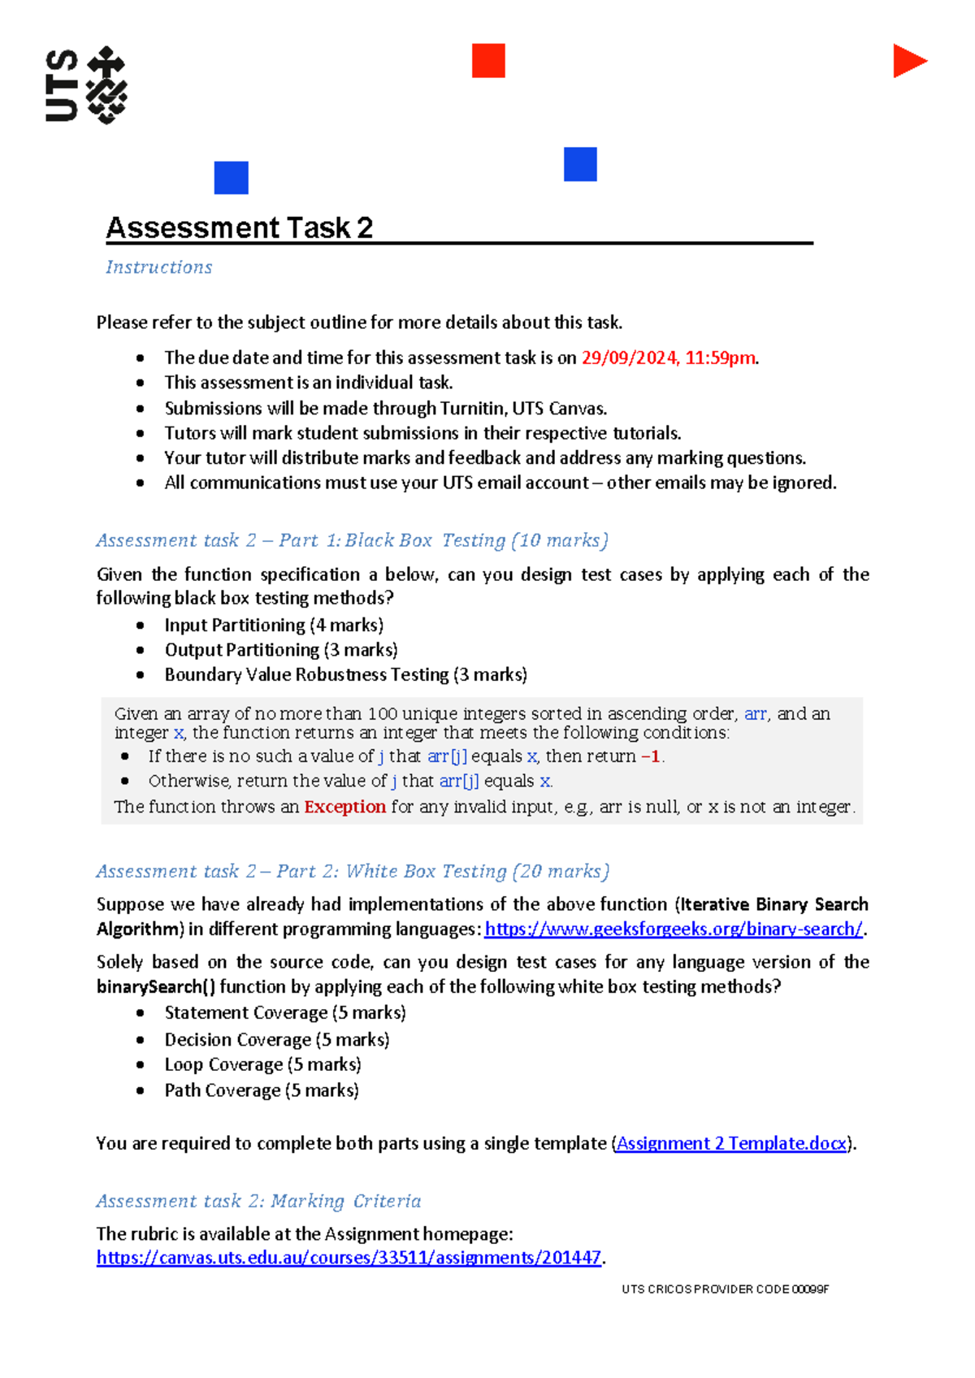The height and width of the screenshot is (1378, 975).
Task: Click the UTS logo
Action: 86,85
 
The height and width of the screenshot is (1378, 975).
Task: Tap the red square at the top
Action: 488,61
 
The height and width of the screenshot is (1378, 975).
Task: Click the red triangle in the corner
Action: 908,61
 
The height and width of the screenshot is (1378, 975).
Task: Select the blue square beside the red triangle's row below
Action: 580,164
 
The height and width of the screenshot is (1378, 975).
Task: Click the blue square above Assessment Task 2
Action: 231,178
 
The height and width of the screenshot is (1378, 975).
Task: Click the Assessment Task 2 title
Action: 240,228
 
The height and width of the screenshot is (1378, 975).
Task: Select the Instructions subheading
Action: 159,267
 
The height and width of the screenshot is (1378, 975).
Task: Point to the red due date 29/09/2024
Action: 630,358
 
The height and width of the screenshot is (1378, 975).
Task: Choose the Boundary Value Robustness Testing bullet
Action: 345,675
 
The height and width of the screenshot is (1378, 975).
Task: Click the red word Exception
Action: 344,807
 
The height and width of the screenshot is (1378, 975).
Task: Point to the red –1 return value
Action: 651,756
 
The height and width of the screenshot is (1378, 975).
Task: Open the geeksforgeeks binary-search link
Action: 673,929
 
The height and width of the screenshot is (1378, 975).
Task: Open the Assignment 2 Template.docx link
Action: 731,1144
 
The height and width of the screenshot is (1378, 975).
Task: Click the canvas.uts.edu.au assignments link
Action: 349,1259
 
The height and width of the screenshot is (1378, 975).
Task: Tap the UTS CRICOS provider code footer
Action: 725,1289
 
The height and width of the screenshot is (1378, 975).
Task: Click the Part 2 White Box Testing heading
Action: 353,872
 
